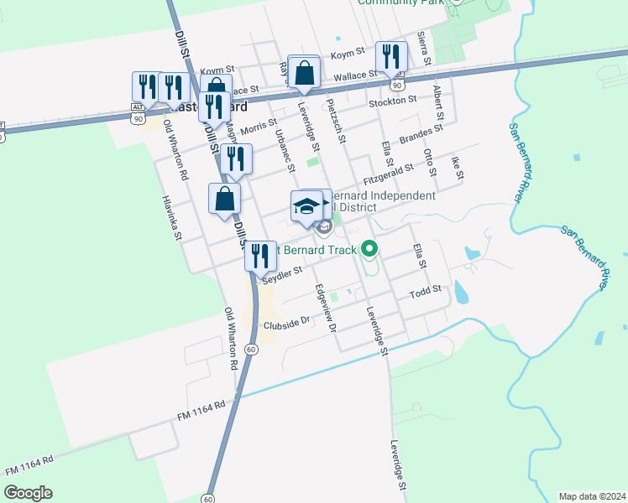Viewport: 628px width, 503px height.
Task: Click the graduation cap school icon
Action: pyautogui.click(x=306, y=206)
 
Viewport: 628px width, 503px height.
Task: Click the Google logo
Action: pyautogui.click(x=28, y=493)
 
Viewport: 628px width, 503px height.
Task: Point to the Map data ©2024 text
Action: pyautogui.click(x=592, y=495)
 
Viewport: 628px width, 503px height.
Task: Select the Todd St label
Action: pyautogui.click(x=425, y=293)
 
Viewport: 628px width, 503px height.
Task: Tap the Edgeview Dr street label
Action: pyautogui.click(x=324, y=307)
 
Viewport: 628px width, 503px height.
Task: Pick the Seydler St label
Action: pyautogui.click(x=281, y=275)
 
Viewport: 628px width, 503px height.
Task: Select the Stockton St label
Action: pyautogui.click(x=393, y=101)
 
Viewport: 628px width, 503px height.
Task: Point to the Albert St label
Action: pyautogui.click(x=437, y=101)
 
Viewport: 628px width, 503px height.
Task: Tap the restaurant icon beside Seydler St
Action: pyautogui.click(x=260, y=256)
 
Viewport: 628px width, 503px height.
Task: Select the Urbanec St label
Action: pyautogui.click(x=285, y=149)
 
